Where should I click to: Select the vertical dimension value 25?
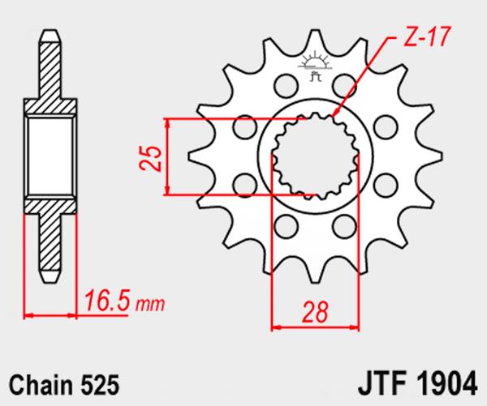point(148,156)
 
